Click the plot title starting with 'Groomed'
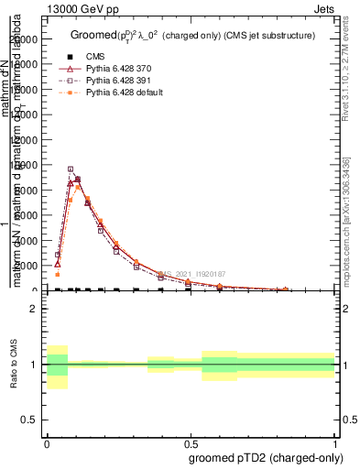click(192, 36)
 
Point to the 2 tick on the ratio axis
click(33, 309)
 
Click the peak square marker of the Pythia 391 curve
click(71, 169)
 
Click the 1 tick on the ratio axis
click(33, 365)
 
